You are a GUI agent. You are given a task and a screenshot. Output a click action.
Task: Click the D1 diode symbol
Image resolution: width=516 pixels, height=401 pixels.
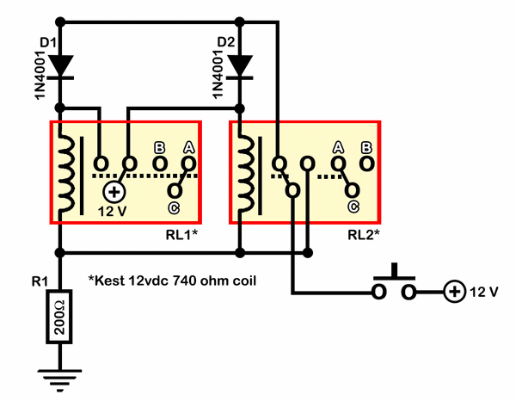tap(60, 67)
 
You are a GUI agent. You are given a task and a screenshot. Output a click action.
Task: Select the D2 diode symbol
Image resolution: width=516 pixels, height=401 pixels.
tap(240, 67)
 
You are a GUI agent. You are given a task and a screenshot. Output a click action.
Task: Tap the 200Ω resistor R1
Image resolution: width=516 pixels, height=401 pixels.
tap(59, 317)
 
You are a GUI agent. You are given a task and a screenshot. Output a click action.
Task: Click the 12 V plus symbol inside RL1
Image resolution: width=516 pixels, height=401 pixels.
tap(114, 192)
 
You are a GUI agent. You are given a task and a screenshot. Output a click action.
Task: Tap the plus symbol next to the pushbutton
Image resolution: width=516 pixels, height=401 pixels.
tap(454, 292)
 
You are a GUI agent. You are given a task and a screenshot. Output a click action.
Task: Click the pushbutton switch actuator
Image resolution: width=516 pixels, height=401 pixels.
tap(394, 272)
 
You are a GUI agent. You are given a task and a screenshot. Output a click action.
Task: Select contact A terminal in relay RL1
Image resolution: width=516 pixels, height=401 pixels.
tap(188, 163)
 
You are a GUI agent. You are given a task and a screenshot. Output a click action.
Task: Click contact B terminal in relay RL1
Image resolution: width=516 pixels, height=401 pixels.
tap(160, 163)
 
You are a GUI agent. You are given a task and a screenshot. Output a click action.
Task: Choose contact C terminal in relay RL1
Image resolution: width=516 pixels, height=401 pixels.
tap(175, 190)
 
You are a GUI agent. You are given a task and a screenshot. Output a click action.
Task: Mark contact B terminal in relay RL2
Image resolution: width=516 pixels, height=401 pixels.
tap(367, 163)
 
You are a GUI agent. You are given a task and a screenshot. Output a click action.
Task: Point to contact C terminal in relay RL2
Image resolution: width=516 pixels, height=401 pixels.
tap(353, 190)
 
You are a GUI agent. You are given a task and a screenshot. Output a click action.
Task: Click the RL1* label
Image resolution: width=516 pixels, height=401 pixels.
tap(181, 235)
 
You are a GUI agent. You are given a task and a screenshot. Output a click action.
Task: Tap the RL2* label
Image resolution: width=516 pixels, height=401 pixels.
tap(364, 235)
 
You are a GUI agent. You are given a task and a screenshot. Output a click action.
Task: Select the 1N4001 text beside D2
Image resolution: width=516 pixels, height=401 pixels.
tap(218, 74)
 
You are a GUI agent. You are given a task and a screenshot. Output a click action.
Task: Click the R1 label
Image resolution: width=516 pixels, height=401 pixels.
tap(40, 281)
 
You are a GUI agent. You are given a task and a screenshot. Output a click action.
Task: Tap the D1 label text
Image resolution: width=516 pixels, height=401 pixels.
tap(48, 43)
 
